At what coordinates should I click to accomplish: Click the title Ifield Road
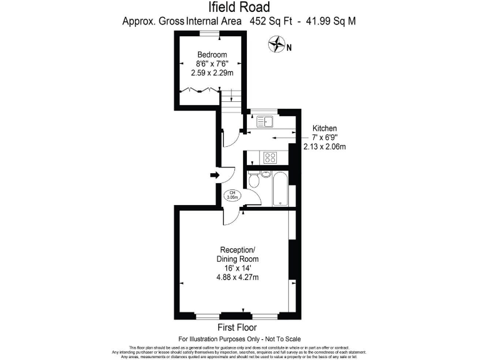click(x=239, y=8)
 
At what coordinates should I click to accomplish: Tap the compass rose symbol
click(x=276, y=44)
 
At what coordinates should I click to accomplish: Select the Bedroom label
click(x=212, y=54)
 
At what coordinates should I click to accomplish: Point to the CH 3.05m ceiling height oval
click(x=232, y=194)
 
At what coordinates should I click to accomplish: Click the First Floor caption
click(x=237, y=327)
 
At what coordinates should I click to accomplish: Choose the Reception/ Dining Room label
click(x=237, y=253)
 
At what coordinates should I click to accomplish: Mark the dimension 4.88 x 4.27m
click(x=237, y=277)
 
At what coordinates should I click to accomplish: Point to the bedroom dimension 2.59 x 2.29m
click(x=212, y=72)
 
